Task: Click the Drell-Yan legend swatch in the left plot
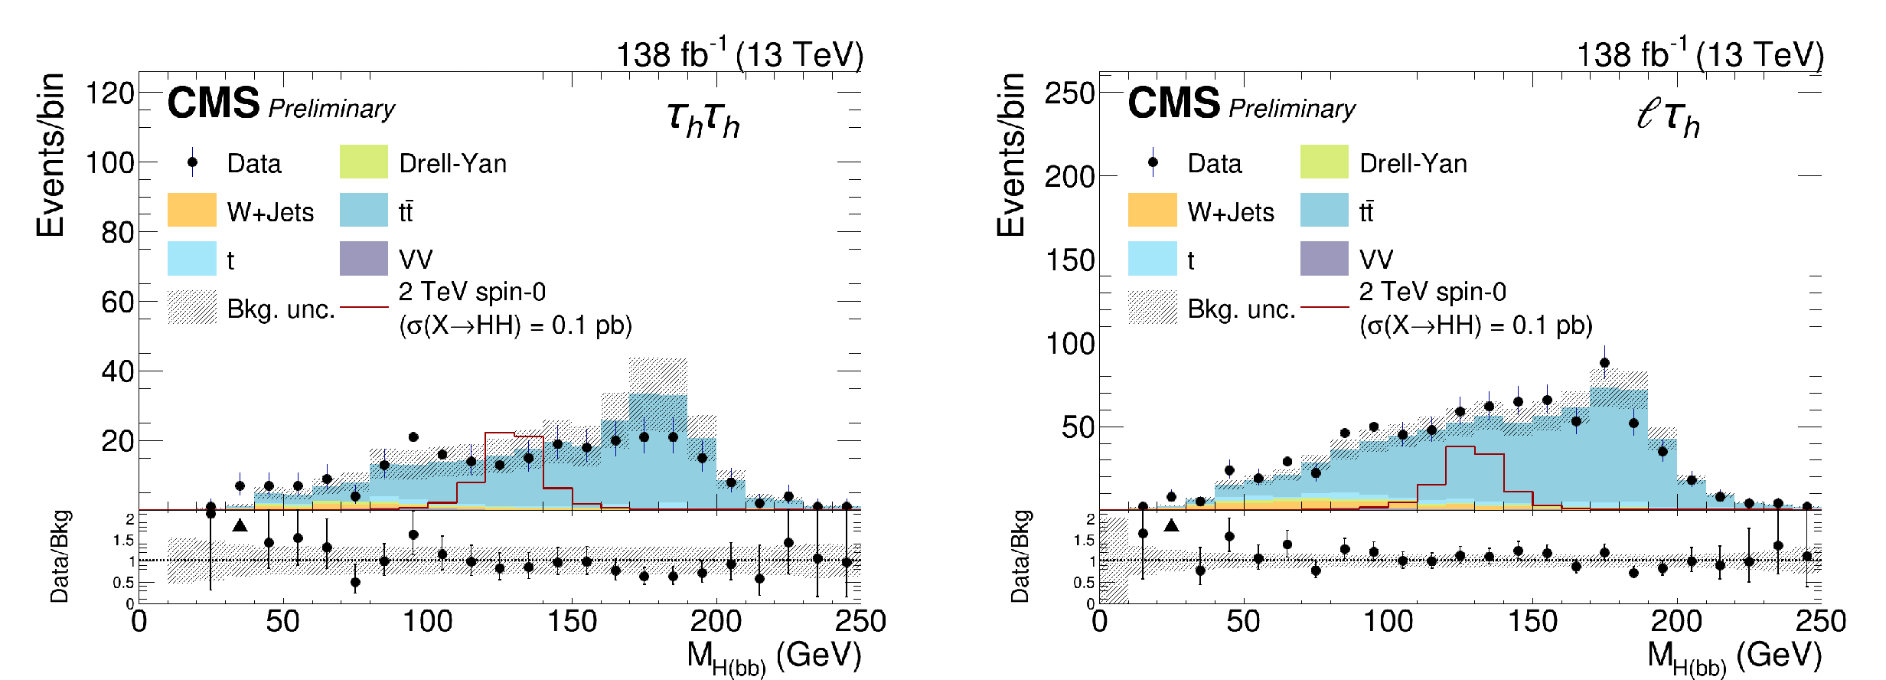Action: (364, 162)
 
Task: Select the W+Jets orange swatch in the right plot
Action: (1152, 211)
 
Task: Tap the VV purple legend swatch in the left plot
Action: (364, 259)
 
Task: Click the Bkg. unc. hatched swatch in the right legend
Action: (1152, 307)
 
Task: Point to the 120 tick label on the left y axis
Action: (109, 93)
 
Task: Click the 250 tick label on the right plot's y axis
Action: (1069, 93)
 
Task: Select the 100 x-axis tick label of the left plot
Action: (427, 621)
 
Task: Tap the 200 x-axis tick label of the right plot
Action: (1676, 621)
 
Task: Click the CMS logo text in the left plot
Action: (214, 103)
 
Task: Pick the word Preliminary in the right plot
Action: (1291, 109)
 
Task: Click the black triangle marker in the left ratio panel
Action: (240, 525)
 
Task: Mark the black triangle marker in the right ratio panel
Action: (1171, 525)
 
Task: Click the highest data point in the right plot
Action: (1604, 363)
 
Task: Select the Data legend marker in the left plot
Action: (192, 162)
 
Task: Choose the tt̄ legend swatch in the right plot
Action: (1324, 211)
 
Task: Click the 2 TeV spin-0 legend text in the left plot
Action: (472, 292)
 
